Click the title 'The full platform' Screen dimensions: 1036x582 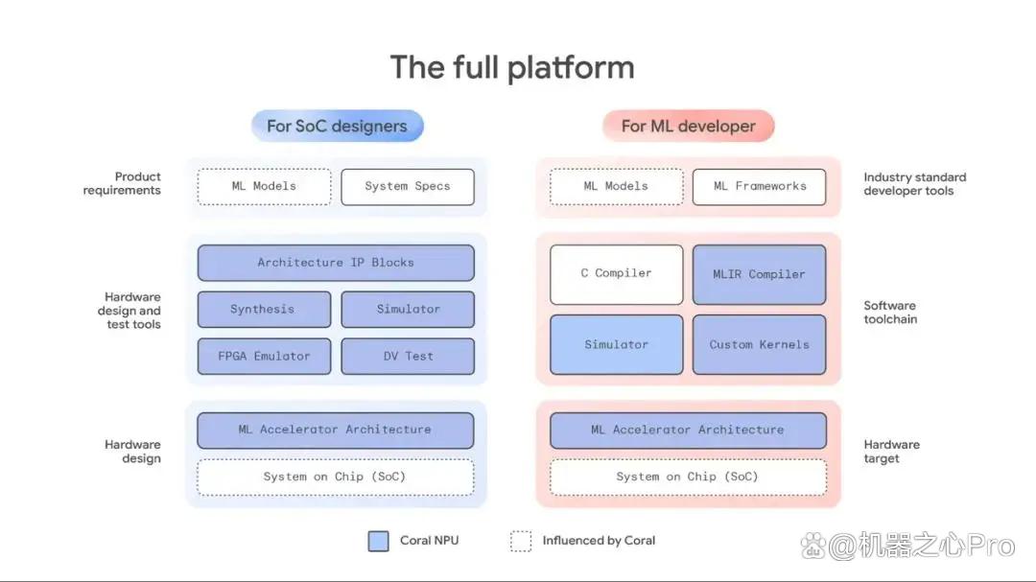[x=512, y=67]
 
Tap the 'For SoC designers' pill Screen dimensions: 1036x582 [x=337, y=127]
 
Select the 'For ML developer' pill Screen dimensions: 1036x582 [x=688, y=127]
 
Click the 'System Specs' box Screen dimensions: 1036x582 [x=408, y=187]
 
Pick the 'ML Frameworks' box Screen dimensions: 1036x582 [x=759, y=187]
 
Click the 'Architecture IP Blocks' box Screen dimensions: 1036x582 [x=336, y=263]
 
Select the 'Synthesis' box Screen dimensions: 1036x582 [x=264, y=309]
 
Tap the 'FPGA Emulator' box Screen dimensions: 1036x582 [x=264, y=356]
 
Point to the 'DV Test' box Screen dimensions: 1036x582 [x=408, y=356]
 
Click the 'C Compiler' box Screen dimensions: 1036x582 [x=617, y=274]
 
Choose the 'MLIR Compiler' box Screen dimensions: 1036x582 [x=759, y=274]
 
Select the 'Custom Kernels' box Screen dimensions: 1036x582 [x=759, y=344]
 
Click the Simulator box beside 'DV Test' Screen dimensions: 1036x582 [x=408, y=309]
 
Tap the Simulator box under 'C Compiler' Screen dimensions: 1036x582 [x=617, y=344]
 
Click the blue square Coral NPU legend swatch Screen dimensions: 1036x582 [x=379, y=541]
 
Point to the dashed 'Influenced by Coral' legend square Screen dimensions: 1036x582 [x=521, y=541]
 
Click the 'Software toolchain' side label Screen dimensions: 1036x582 [x=890, y=313]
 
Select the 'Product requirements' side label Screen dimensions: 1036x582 [x=122, y=184]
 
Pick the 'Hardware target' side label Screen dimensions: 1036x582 [x=891, y=452]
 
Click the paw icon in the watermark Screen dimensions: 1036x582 [x=813, y=546]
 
